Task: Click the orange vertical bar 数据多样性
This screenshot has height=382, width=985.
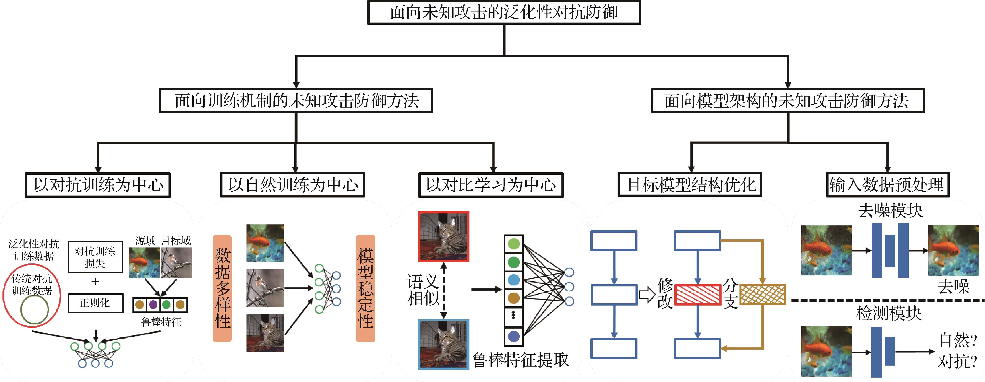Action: [x=222, y=288]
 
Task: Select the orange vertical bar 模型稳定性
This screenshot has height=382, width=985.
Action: [x=365, y=288]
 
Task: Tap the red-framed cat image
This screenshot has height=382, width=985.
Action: [x=443, y=236]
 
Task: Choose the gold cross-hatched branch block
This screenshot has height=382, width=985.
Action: [x=763, y=295]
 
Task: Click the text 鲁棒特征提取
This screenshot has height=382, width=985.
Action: [x=520, y=360]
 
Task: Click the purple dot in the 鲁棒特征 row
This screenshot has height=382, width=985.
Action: [x=153, y=305]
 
